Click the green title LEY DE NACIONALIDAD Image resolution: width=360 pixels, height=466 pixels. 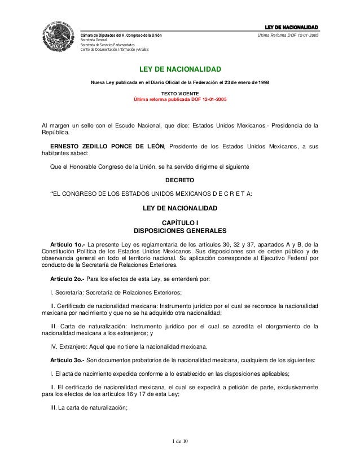(180, 69)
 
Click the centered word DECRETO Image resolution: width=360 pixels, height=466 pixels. (179, 181)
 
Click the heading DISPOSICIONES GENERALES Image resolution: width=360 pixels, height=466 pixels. (179, 231)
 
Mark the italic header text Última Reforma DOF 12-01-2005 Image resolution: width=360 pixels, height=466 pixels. (288, 35)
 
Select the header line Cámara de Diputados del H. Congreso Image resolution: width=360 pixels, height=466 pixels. (121, 35)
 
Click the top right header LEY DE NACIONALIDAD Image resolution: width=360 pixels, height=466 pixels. (292, 27)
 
